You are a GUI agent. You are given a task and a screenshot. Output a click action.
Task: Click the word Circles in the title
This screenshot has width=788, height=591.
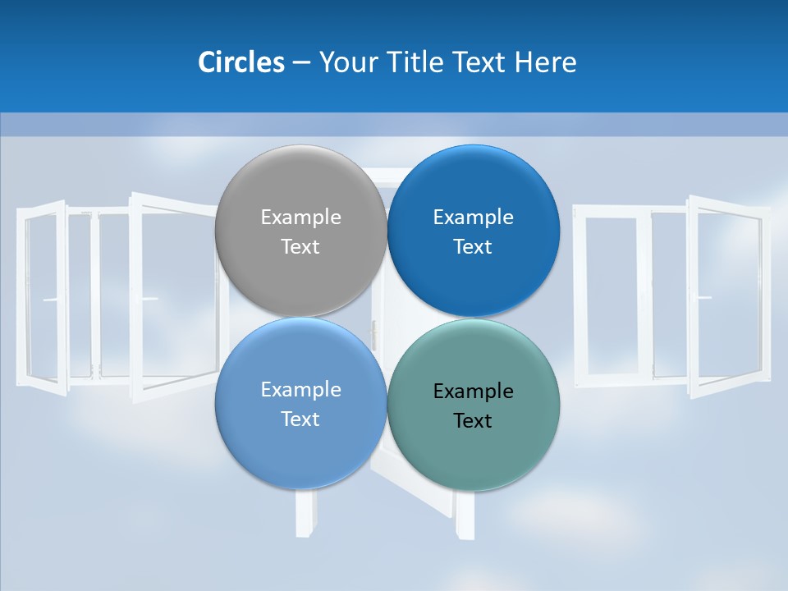pos(241,62)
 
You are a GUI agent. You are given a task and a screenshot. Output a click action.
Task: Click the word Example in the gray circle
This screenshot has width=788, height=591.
pos(300,218)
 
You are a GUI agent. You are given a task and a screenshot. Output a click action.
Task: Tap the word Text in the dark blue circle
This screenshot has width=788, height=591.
pos(473,247)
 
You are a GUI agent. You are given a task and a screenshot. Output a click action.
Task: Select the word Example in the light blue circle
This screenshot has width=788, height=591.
pos(300,390)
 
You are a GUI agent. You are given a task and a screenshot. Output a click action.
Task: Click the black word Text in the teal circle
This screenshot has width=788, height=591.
pos(473,421)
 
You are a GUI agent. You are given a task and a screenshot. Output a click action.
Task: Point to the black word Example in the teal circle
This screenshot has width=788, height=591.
pos(473,392)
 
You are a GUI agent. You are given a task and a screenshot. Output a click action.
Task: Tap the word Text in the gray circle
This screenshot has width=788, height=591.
pos(300,247)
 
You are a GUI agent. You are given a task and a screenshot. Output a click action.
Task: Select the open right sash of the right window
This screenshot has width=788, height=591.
pos(726,295)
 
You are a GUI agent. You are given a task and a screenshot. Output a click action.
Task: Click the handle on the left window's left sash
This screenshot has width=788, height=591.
pos(51,300)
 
